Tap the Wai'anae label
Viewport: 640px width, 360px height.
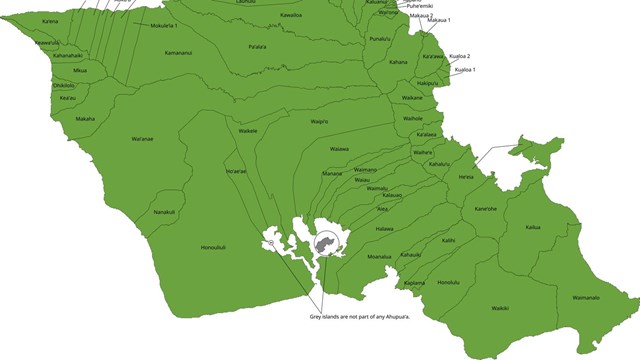(142, 139)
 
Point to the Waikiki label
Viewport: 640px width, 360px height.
(500, 308)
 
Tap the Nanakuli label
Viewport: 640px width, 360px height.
(164, 211)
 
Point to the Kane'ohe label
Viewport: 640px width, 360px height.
(486, 208)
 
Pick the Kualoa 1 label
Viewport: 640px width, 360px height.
(465, 69)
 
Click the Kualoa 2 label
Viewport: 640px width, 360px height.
(460, 56)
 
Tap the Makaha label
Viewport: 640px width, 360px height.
(86, 119)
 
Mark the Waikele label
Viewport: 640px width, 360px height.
(248, 131)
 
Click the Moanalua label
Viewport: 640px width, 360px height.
(379, 256)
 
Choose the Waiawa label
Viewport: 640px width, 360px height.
(339, 149)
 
